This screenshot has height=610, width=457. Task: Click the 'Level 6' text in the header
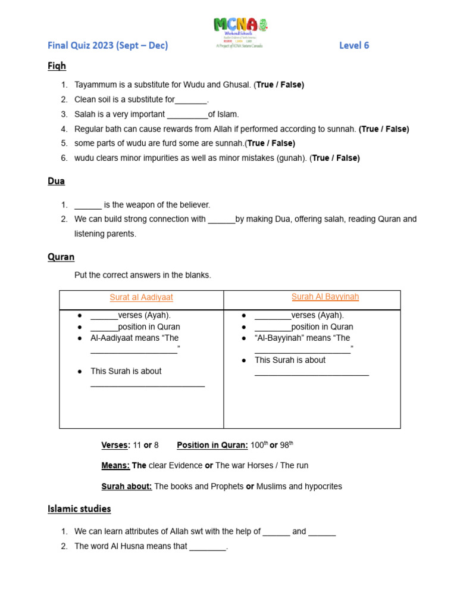click(354, 45)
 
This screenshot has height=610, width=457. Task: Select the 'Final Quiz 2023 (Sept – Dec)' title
click(108, 45)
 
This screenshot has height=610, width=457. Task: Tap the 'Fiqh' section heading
click(57, 66)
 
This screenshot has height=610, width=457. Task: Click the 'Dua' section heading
click(56, 180)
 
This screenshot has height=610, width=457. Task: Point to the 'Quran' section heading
click(61, 257)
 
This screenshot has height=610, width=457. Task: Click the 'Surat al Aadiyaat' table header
click(141, 297)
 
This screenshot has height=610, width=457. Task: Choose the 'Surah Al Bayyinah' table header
click(325, 297)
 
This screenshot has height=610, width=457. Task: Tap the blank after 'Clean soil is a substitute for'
click(191, 100)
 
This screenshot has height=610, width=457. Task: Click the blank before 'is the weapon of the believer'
click(88, 205)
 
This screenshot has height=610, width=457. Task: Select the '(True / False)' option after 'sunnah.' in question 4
click(384, 129)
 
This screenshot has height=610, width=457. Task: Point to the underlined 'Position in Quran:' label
click(212, 445)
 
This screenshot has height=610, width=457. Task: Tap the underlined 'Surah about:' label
click(127, 486)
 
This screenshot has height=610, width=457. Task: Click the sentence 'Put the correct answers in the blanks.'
click(142, 275)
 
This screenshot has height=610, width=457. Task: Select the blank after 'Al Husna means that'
click(208, 546)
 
